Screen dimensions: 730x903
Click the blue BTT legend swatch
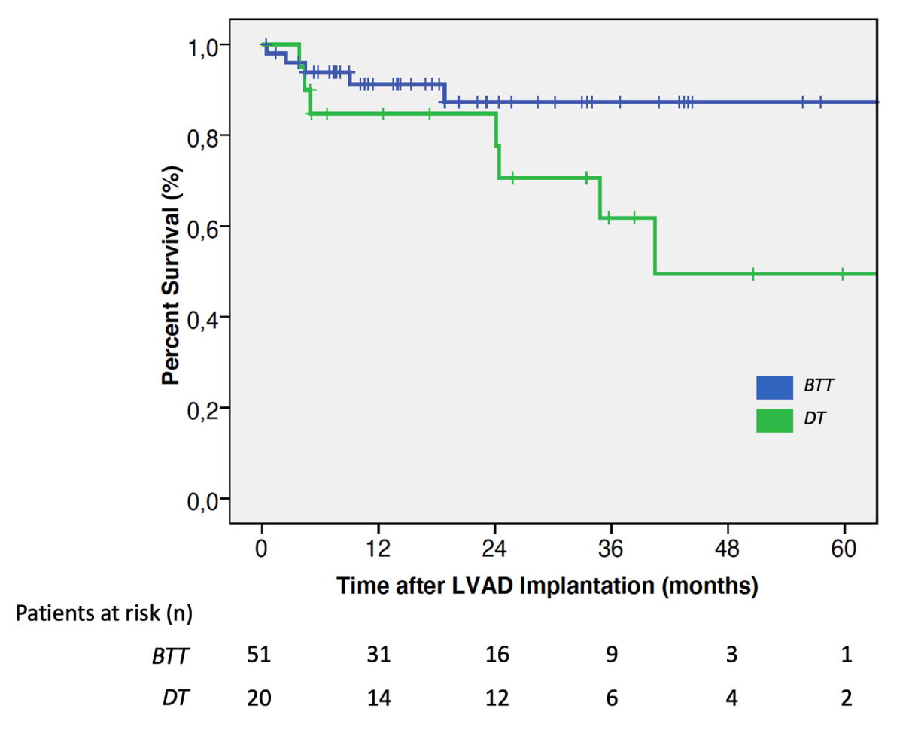(x=774, y=388)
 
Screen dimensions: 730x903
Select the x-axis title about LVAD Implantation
(x=546, y=585)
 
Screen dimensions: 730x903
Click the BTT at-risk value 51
(x=259, y=655)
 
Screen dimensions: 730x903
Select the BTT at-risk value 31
(x=378, y=655)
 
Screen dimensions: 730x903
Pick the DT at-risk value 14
(x=378, y=698)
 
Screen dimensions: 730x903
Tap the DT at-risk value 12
(x=497, y=698)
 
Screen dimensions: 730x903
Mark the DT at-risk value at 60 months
(x=847, y=698)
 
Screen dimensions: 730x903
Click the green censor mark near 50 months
(x=752, y=274)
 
